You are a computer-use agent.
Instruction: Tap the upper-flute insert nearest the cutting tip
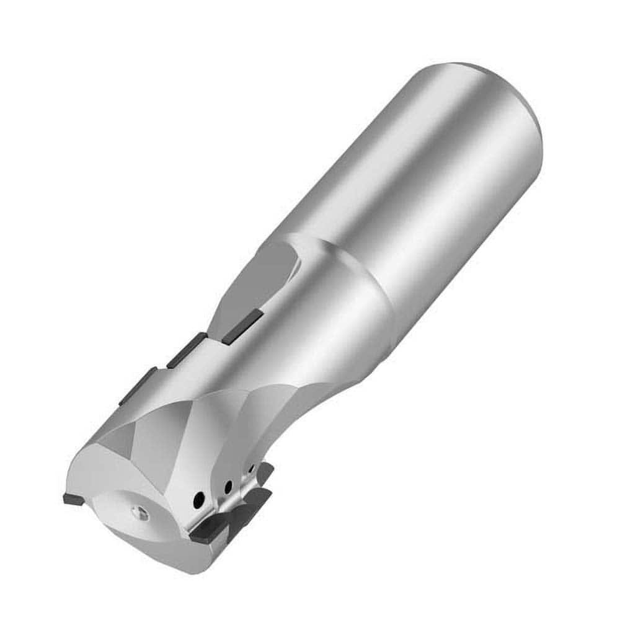pyautogui.click(x=141, y=386)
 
